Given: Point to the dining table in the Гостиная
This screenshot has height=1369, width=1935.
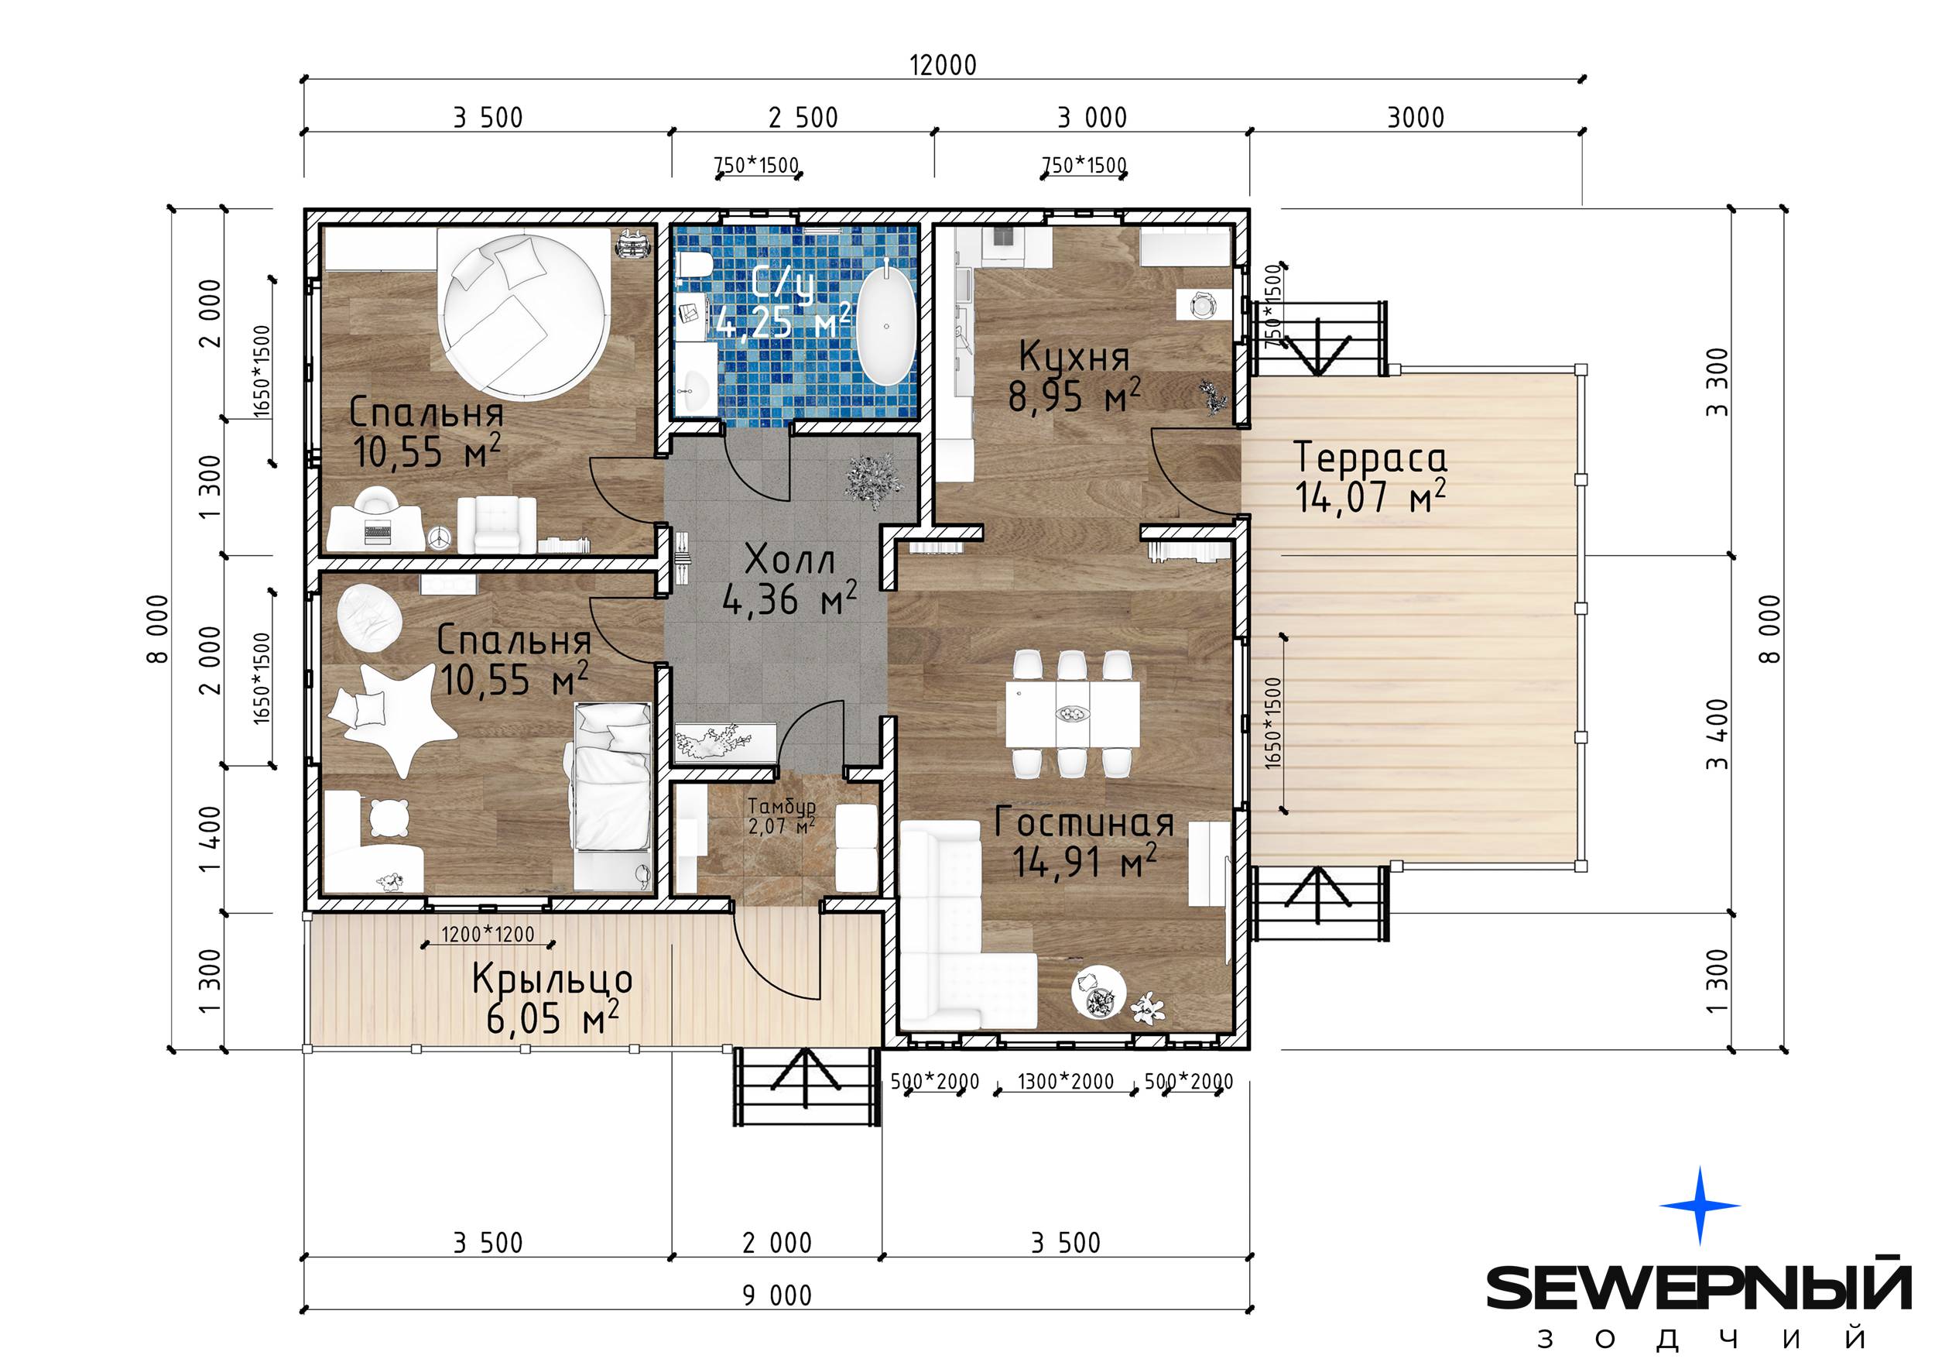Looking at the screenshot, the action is (x=1072, y=712).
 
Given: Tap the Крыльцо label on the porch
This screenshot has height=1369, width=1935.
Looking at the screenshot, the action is (x=552, y=979).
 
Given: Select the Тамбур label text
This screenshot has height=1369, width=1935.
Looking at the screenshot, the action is (x=781, y=807).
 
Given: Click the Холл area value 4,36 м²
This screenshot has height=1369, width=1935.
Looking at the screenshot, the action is (x=789, y=598).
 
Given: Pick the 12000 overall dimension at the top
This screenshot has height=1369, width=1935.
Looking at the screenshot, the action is (x=943, y=65).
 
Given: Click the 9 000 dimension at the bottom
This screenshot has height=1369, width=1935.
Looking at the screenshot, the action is (x=777, y=1295).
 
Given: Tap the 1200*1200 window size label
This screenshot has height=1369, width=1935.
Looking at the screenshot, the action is (x=488, y=933).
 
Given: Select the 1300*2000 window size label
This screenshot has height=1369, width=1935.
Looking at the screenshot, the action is (x=1065, y=1081).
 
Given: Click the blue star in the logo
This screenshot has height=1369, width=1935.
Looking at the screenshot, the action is (x=1700, y=1206).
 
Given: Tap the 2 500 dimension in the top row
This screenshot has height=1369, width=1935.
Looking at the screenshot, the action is (x=803, y=117).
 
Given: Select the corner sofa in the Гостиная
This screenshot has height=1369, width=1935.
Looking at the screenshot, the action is (x=961, y=925).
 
